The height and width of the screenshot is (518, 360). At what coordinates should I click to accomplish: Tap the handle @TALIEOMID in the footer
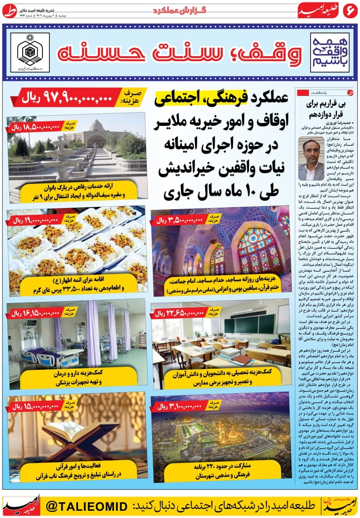click(87, 505)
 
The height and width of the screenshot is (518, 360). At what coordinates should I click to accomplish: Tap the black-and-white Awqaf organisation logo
click(30, 52)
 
